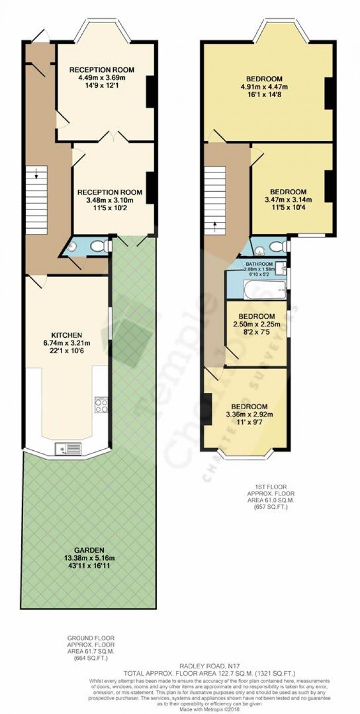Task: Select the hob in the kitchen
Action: pyautogui.click(x=101, y=406)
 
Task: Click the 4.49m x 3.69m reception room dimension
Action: pyautogui.click(x=101, y=78)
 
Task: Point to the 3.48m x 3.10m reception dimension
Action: pyautogui.click(x=109, y=200)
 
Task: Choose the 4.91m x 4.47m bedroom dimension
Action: pyautogui.click(x=266, y=87)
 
